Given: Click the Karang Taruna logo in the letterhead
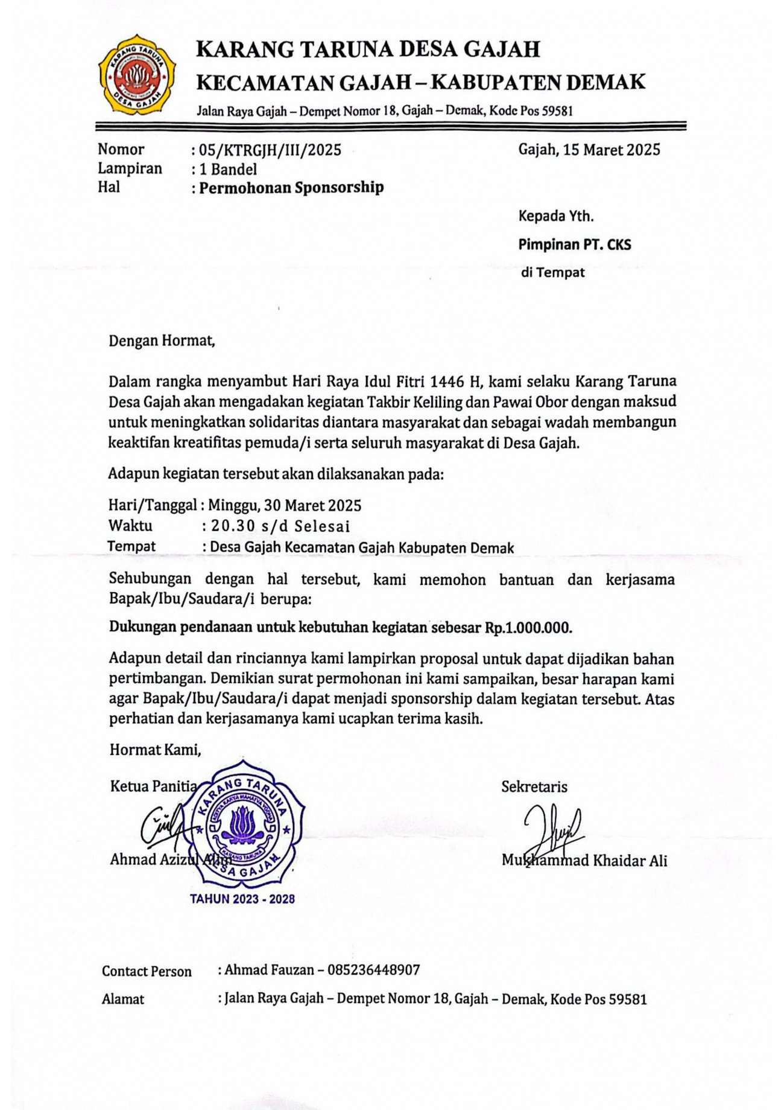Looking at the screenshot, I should (137, 75).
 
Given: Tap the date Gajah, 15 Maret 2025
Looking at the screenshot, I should (589, 150).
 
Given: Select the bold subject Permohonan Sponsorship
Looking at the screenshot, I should (291, 188).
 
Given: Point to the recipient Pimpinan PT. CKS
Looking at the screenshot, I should (574, 244).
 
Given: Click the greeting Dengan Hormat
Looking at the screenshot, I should (162, 341).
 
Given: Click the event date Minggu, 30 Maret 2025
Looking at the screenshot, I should (285, 505).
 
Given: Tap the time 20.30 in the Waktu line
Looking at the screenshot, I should (233, 526).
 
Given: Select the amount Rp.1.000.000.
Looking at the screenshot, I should (528, 628).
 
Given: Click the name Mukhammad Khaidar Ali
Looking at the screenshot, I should (584, 861).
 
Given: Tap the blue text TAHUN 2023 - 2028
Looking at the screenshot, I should (242, 899).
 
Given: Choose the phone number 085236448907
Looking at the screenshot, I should (373, 970).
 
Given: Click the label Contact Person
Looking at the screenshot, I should (147, 971).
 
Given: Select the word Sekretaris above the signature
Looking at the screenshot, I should (534, 786).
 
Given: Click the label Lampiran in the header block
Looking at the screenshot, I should (130, 168).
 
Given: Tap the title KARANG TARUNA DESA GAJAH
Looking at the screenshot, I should (368, 49).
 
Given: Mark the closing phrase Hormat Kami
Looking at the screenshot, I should (155, 750).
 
